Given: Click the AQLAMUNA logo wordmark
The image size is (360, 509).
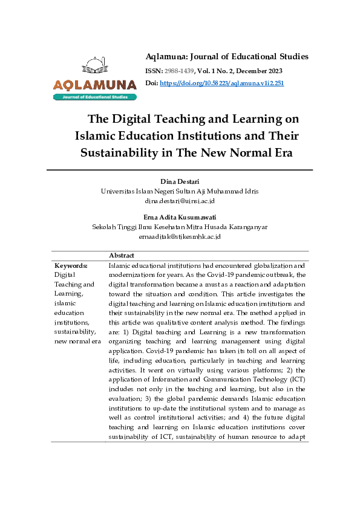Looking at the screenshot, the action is click(94, 85).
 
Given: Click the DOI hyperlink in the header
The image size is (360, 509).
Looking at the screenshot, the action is click(221, 83).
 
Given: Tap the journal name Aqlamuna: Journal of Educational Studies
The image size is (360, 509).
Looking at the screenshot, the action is click(227, 57).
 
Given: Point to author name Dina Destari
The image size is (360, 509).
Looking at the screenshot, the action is click(179, 181).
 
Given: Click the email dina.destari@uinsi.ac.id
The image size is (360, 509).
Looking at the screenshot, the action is click(179, 201).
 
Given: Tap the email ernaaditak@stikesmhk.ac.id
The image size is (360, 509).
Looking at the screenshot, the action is click(179, 237).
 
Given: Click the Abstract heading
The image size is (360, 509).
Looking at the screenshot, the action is click(122, 256).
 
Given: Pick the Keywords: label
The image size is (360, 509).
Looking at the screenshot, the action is click(71, 265).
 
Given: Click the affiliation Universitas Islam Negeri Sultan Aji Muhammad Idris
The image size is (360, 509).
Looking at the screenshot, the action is click(179, 191).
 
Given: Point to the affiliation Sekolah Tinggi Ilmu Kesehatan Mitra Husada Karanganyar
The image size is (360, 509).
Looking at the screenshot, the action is click(179, 227).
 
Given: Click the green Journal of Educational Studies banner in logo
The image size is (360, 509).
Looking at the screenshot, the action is click(94, 97).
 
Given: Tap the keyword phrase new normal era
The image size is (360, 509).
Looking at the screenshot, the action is click(77, 342).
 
